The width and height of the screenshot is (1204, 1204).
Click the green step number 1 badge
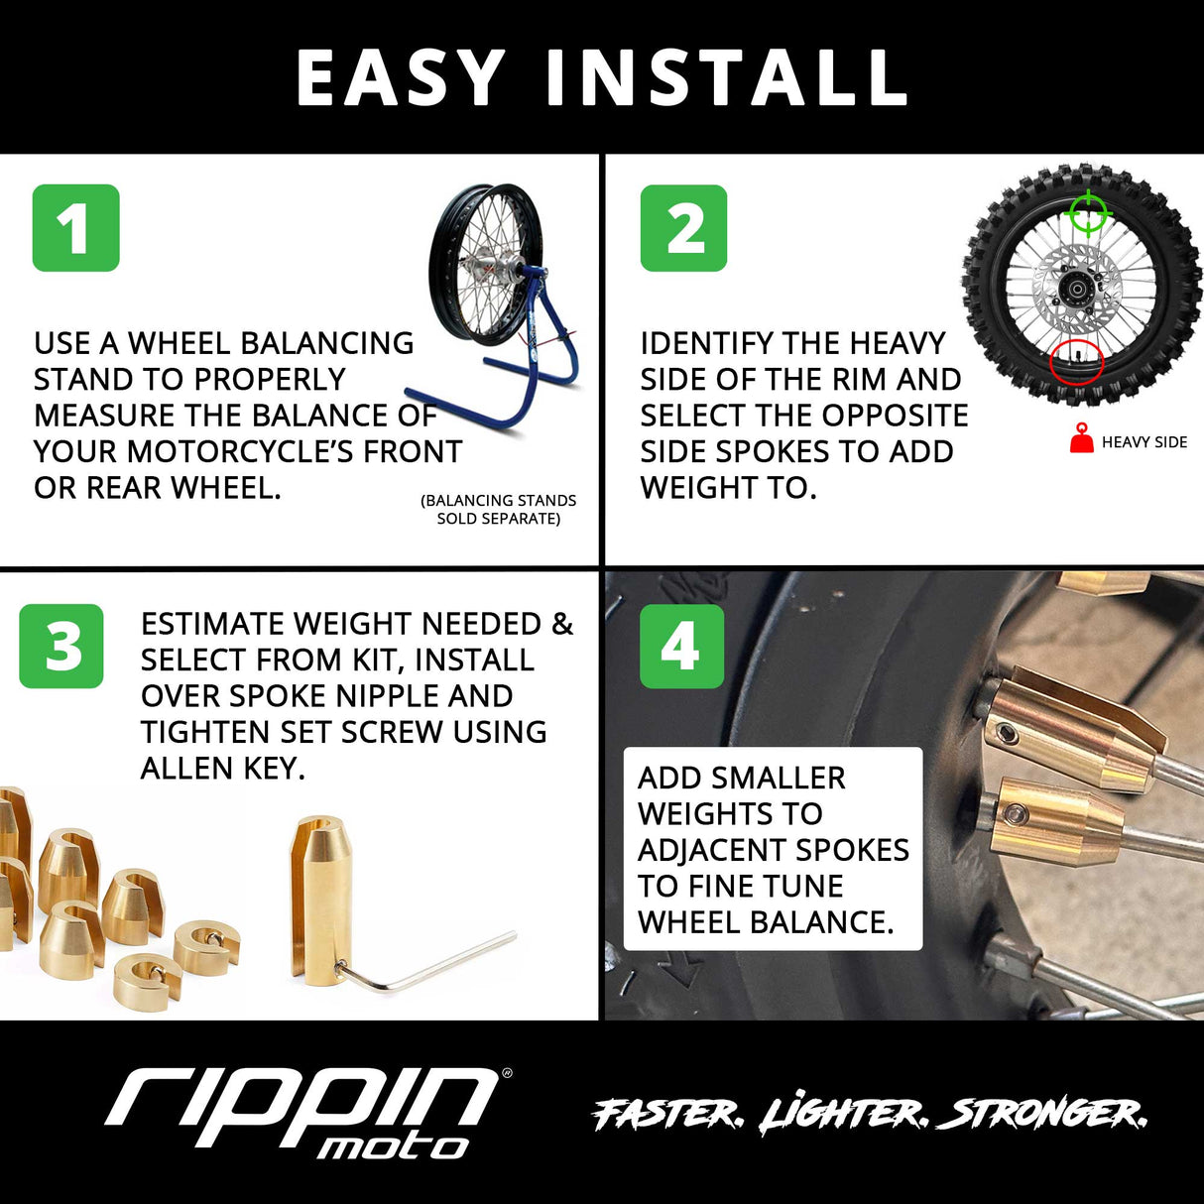point(75,227)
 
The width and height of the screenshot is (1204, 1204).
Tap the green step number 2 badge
point(683,227)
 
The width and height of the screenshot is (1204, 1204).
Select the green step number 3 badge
point(61,646)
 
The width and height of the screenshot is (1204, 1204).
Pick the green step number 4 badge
point(681,646)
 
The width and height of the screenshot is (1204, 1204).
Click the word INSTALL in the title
point(727,78)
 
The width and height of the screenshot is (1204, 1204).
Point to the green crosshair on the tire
point(1087,212)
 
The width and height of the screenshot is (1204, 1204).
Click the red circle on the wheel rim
point(1076,362)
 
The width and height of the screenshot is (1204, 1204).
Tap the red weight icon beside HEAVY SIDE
point(1081,438)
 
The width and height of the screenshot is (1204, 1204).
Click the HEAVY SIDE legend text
point(1144,442)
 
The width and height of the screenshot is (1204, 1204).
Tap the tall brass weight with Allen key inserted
point(319,898)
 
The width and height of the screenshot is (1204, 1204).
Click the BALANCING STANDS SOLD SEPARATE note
point(498,509)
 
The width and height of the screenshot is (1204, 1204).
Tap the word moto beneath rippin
point(392,1147)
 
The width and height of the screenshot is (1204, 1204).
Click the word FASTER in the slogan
point(666,1114)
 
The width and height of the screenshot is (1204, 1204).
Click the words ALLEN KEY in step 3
point(222,769)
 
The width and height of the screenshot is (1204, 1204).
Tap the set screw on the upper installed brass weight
point(1009,735)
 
